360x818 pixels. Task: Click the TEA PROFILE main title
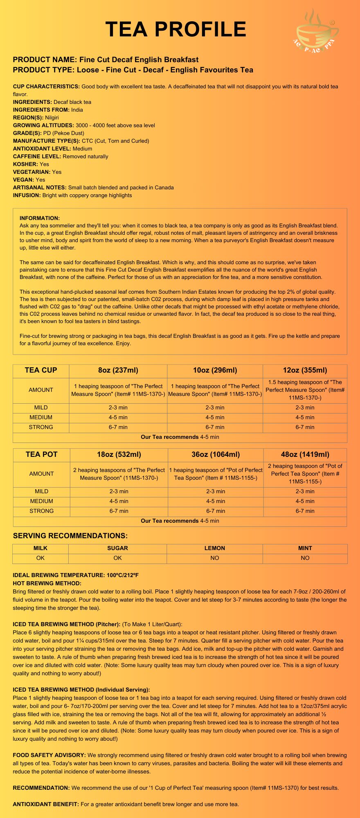[176, 29]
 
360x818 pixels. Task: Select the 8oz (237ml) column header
[118, 371]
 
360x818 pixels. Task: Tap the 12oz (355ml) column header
[305, 371]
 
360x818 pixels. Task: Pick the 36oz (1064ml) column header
[216, 454]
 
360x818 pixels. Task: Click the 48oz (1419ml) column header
[305, 454]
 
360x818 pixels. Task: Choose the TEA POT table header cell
[41, 454]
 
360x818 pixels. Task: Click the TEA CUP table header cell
[41, 371]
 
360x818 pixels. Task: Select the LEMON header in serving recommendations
[215, 548]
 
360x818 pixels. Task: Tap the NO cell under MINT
[305, 558]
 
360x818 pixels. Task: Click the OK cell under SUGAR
[117, 558]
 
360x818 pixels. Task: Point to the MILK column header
[40, 548]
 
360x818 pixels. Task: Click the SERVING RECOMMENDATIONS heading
[70, 536]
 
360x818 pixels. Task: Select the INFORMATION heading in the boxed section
[40, 218]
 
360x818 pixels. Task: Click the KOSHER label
[25, 164]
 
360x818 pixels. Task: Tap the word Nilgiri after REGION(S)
[52, 117]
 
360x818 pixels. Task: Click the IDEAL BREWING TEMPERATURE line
[76, 575]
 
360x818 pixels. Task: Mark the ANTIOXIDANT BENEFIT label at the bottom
[46, 804]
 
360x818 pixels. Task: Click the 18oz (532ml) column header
[119, 454]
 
